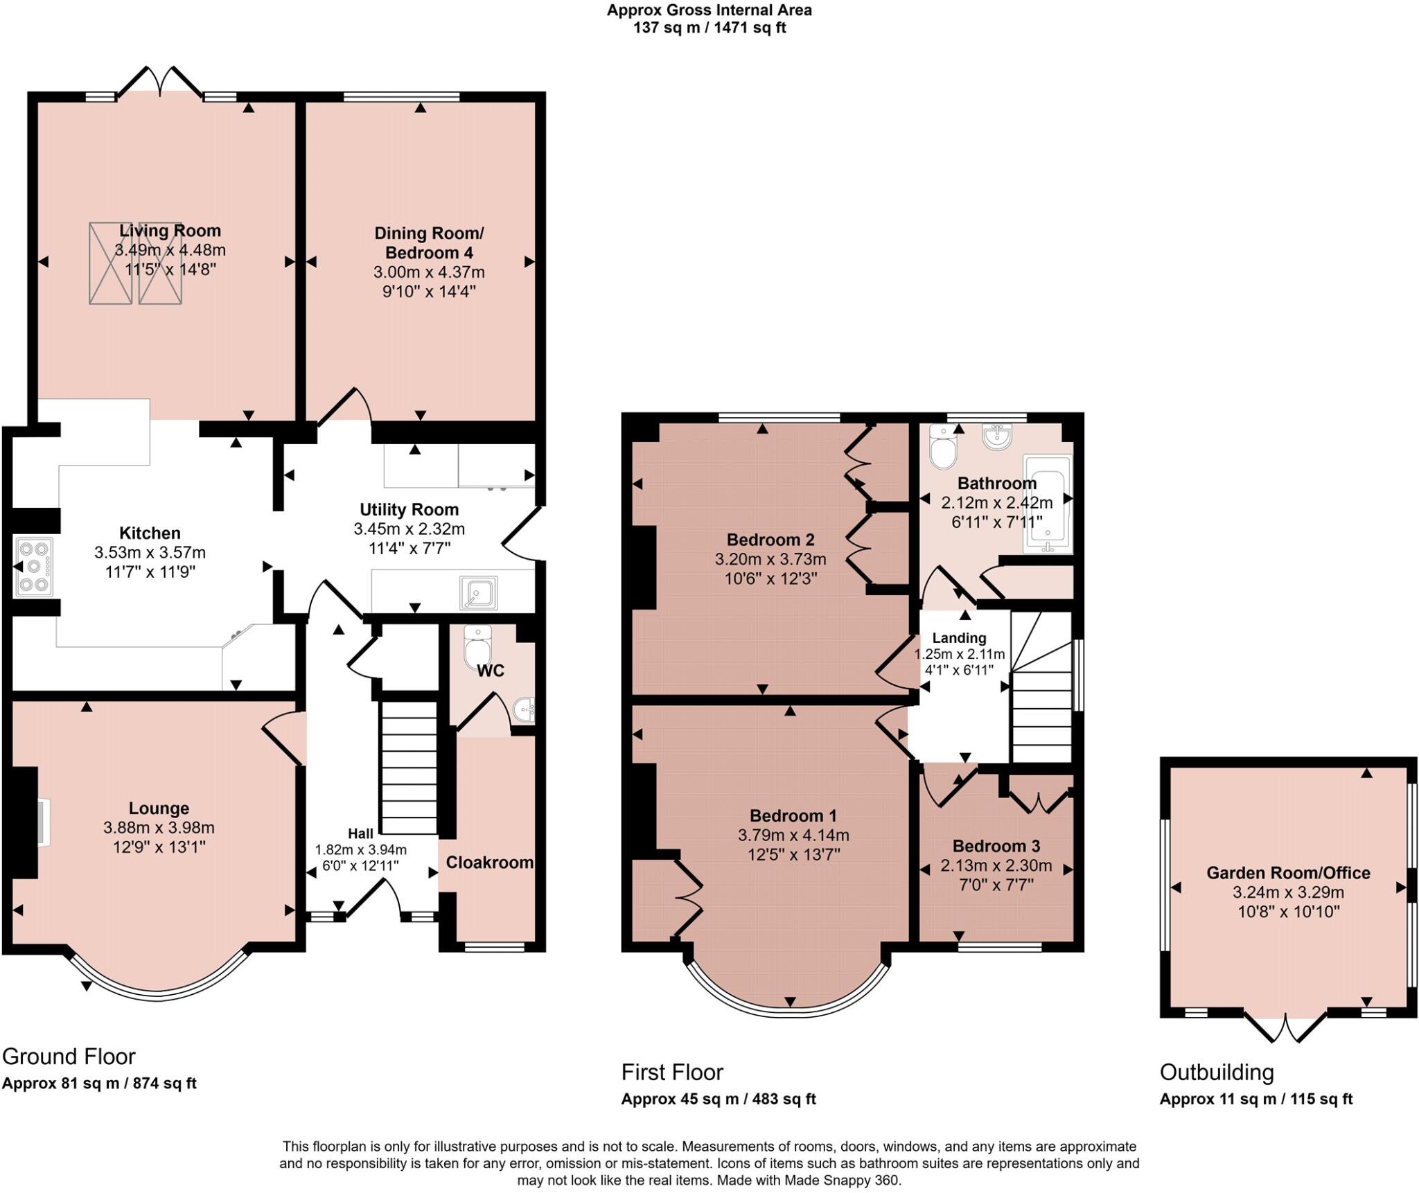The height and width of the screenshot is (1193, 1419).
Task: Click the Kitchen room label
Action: [x=150, y=533]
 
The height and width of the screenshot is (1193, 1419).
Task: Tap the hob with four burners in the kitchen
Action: [x=34, y=567]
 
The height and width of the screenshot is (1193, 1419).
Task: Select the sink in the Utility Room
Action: [x=478, y=593]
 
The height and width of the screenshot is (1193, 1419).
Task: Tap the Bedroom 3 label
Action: [x=996, y=846]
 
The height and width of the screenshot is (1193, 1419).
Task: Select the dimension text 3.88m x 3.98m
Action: [x=159, y=827]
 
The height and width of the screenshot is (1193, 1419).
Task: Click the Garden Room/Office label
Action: [x=1288, y=873]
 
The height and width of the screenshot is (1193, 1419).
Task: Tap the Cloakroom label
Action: [x=489, y=863]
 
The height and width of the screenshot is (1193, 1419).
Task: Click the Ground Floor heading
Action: [x=69, y=1057]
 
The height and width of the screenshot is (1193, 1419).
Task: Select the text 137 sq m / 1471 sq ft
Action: [x=709, y=28]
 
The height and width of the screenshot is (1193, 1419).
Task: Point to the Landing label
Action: [x=958, y=638]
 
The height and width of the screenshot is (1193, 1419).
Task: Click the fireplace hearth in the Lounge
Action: [x=44, y=822]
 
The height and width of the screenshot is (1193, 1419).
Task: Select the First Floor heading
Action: [x=671, y=1072]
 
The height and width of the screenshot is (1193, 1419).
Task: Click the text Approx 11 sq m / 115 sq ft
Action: [x=1255, y=1099]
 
